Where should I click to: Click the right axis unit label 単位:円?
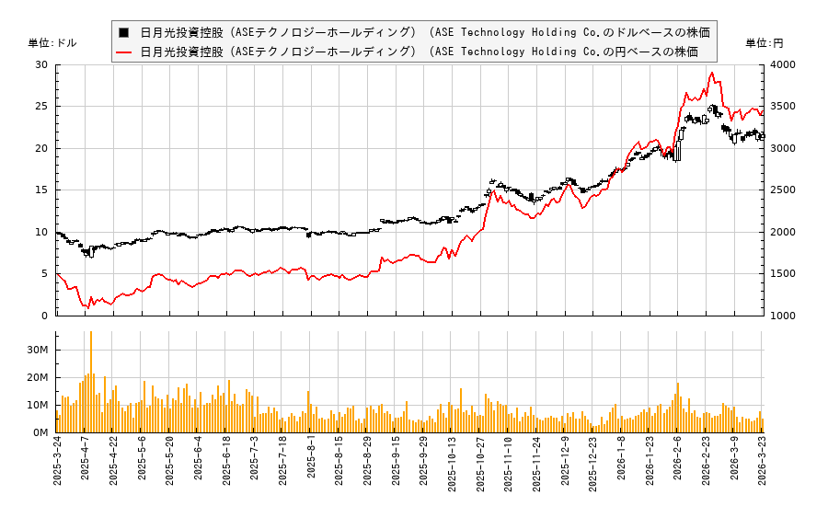coord(765,43)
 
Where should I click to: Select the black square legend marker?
coord(123,31)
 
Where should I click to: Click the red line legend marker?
coord(124,52)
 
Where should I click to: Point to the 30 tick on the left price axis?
coord(41,65)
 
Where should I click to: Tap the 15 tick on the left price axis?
coord(41,190)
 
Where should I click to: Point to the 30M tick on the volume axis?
coord(38,350)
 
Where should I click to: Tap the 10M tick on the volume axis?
coord(38,405)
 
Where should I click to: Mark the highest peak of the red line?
coord(711,73)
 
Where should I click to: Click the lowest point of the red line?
coord(88,307)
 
